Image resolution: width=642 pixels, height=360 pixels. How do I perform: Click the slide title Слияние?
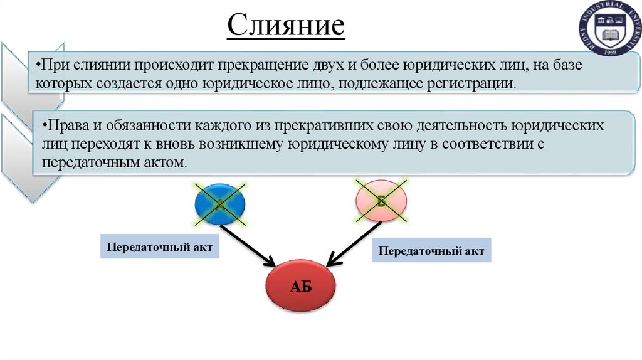[285, 26]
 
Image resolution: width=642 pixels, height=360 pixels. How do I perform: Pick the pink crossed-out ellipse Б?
[381, 200]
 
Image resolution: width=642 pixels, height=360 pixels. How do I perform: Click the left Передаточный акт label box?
[161, 247]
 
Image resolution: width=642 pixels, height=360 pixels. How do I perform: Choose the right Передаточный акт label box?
[433, 251]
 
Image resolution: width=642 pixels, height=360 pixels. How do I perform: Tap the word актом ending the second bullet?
[166, 161]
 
